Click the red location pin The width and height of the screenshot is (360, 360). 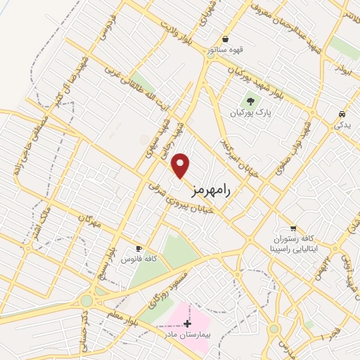pyautogui.click(x=181, y=165)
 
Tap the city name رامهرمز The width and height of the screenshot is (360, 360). pyautogui.click(x=211, y=188)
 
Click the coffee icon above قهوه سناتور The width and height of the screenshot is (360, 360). pyautogui.click(x=225, y=39)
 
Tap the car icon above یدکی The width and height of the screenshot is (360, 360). pyautogui.click(x=341, y=114)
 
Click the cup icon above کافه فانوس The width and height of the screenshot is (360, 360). pyautogui.click(x=139, y=250)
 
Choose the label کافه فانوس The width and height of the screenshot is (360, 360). pyautogui.click(x=139, y=260)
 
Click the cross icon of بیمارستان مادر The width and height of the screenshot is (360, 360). pyautogui.click(x=187, y=323)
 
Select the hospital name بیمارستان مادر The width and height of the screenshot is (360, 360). pyautogui.click(x=188, y=335)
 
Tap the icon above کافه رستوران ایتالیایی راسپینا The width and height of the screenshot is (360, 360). pyautogui.click(x=293, y=228)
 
